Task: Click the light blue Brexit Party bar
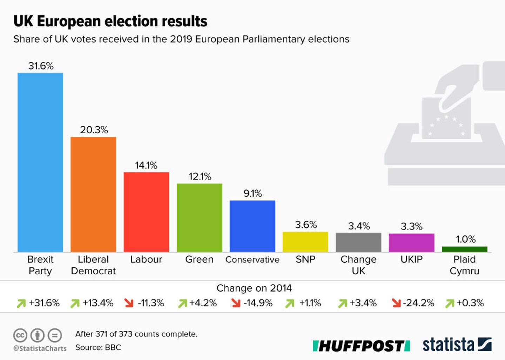coord(40,162)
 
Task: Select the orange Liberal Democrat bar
coord(93,194)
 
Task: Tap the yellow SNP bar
coord(305,242)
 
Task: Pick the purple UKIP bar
coord(411,242)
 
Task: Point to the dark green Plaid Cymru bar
coord(464,249)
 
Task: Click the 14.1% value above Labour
coord(146,165)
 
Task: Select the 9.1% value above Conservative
coord(252,193)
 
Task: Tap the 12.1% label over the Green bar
coord(200,176)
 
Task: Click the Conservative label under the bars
coord(252,260)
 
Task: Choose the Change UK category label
coord(358,265)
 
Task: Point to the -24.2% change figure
coord(418,303)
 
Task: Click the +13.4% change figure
coord(98,303)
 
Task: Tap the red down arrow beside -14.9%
coord(236,303)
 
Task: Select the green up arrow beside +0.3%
coord(450,303)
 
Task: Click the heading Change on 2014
coord(254,288)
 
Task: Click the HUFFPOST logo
coord(361,346)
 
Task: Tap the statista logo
coord(457,345)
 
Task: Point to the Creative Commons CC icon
coord(20,335)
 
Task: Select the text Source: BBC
coord(98,347)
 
